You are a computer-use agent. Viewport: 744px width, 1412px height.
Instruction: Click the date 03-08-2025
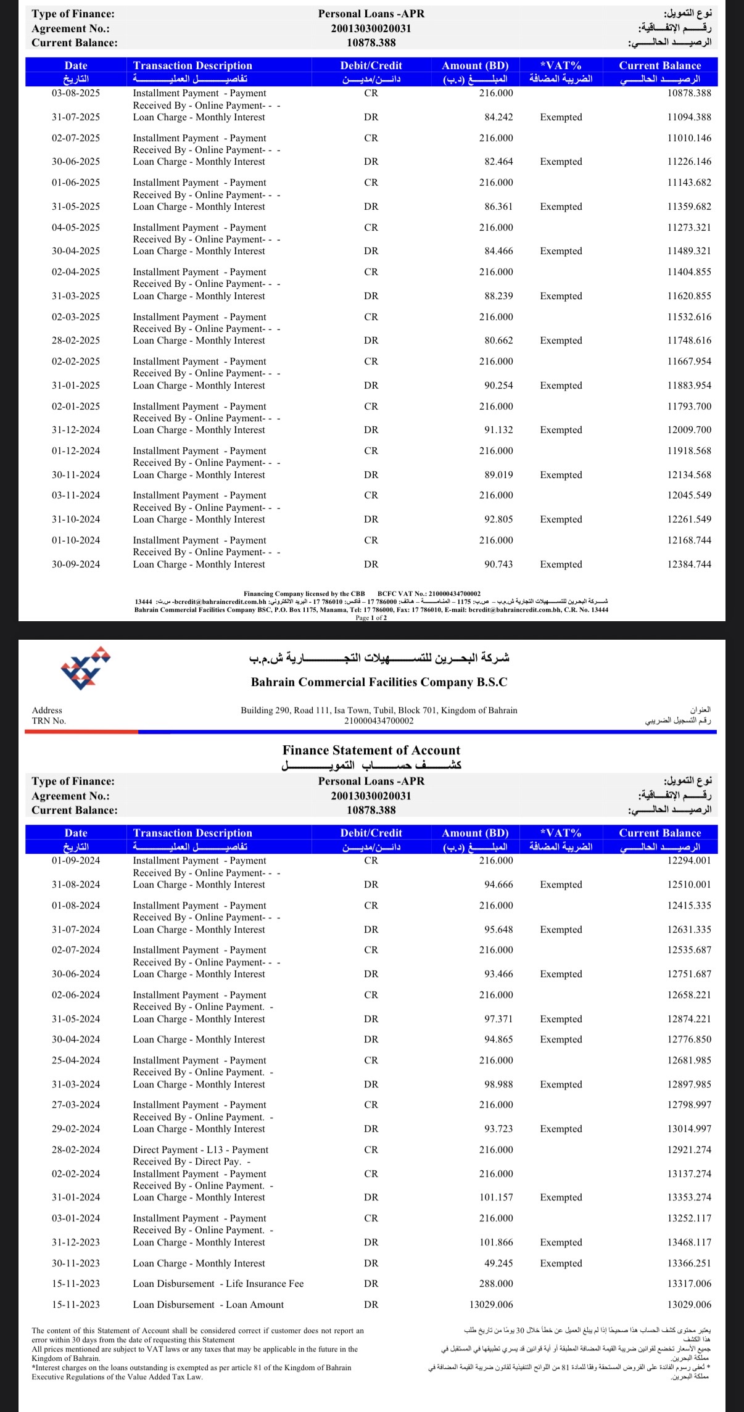point(76,93)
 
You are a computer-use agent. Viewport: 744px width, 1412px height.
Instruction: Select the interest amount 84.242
point(498,117)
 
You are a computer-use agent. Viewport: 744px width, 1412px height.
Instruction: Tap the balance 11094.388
point(689,117)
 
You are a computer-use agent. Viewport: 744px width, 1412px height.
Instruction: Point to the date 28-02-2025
point(76,341)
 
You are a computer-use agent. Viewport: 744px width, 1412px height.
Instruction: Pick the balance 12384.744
point(689,564)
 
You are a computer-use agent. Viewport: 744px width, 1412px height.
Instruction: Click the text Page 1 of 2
point(371,617)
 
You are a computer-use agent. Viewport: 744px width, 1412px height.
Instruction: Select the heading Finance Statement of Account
point(371,750)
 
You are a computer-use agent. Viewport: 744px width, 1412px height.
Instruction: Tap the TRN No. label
point(49,720)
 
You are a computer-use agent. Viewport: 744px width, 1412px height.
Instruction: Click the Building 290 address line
point(379,710)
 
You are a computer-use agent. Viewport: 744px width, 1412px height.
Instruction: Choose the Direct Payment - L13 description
point(200,1150)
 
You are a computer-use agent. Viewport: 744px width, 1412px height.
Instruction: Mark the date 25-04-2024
point(76,1060)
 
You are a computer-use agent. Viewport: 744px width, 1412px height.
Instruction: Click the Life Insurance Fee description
point(218,1284)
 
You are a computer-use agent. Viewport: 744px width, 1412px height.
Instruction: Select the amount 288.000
point(496,1284)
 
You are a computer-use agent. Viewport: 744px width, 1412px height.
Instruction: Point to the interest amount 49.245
point(498,1263)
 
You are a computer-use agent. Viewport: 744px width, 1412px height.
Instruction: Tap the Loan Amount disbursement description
point(209,1305)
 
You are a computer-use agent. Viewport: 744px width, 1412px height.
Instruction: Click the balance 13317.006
point(689,1284)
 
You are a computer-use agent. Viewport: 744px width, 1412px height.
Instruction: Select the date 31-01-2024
point(76,1197)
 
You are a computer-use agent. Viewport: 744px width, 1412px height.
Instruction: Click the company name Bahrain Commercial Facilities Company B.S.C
point(379,682)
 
